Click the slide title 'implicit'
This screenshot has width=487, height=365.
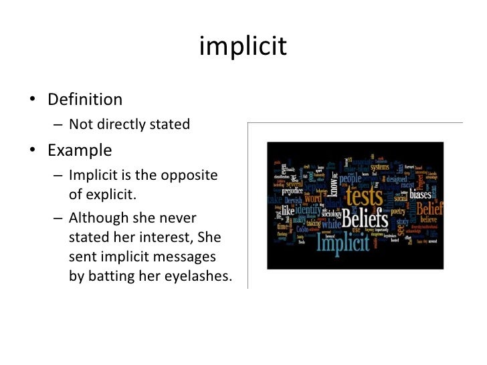point(243,47)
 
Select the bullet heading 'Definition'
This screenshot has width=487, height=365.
point(85,100)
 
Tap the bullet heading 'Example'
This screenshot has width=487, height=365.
point(80,149)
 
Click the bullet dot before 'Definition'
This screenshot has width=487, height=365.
point(32,101)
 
